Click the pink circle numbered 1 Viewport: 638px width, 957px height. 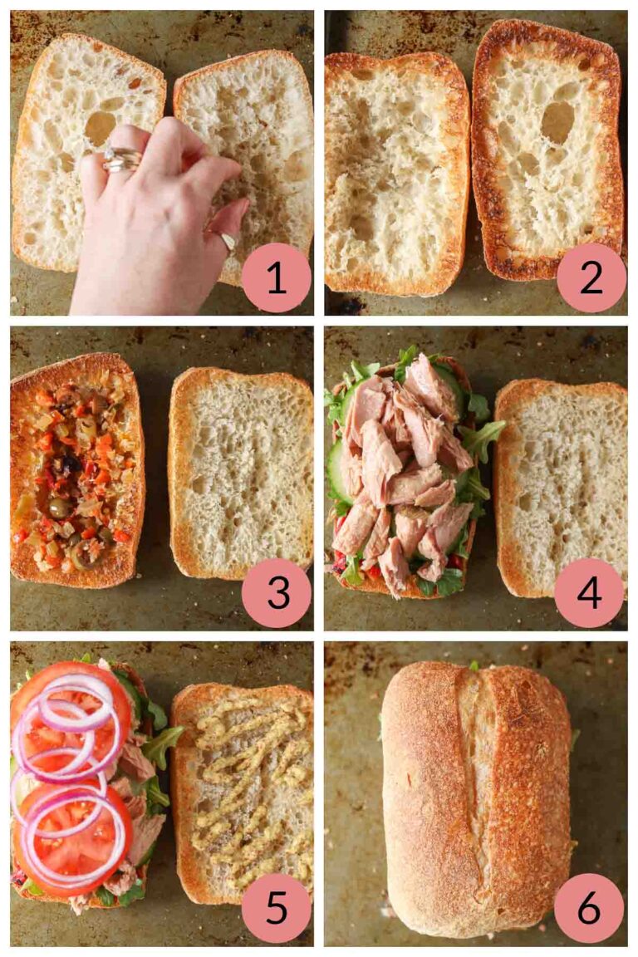tap(276, 277)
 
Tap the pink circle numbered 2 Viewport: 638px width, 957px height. tap(591, 277)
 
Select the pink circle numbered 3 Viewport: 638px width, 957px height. tap(276, 593)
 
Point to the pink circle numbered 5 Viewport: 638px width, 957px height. tap(276, 908)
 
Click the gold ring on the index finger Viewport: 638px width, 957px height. tap(122, 159)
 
